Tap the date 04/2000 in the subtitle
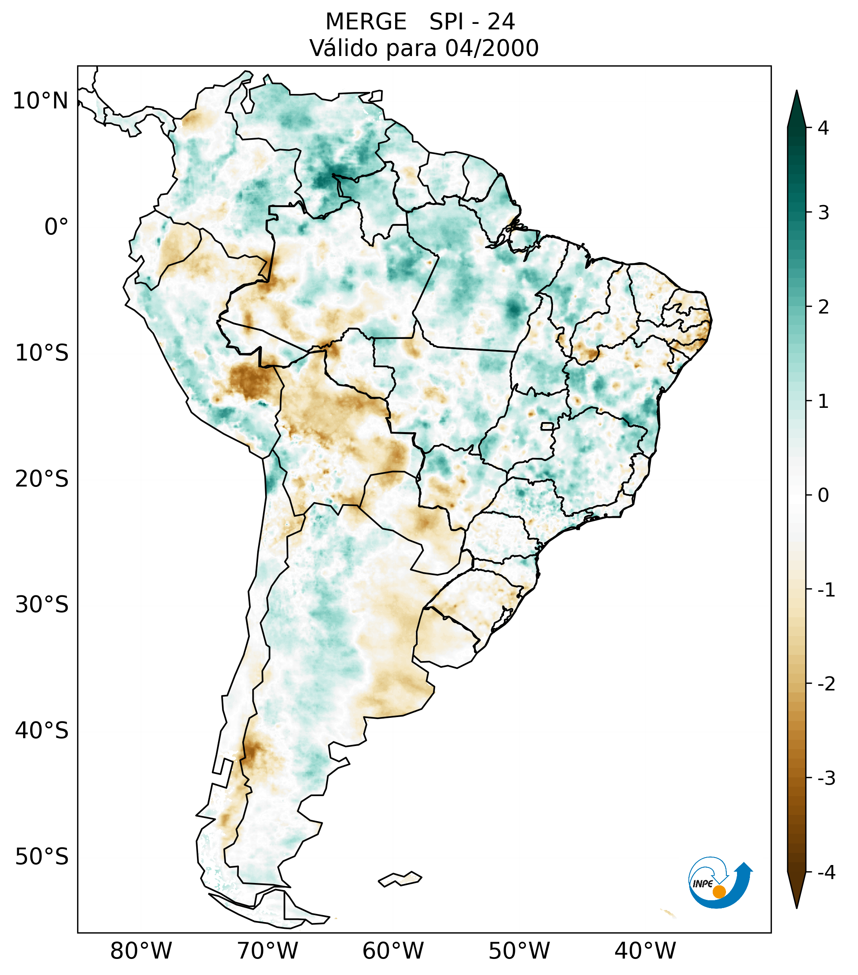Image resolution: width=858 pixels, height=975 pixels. (491, 48)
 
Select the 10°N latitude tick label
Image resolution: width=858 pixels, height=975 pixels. (40, 101)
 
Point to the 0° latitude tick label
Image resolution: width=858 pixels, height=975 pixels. (56, 227)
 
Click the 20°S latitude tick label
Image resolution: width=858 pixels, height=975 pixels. (42, 479)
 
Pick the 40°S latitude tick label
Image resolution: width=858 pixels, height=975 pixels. (42, 731)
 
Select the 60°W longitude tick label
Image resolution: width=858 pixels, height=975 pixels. (393, 951)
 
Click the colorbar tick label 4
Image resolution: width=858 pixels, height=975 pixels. (823, 128)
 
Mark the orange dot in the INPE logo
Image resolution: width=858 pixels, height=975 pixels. (719, 892)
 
